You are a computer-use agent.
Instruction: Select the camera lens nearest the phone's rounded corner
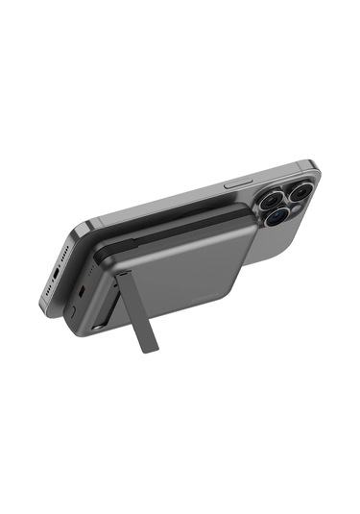[298, 192]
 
